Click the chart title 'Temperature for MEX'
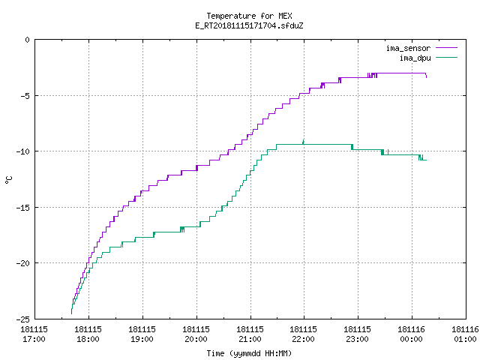[x=249, y=16]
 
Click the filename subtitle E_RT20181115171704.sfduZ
[x=249, y=25]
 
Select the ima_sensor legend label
[x=408, y=48]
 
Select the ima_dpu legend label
[x=415, y=58]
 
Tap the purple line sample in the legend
[x=446, y=48]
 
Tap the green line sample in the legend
[x=446, y=58]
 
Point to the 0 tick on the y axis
[x=27, y=40]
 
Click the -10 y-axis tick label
[x=23, y=151]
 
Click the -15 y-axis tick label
[x=23, y=208]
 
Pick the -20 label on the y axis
[x=23, y=263]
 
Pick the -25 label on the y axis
[x=23, y=319]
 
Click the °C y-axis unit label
[x=8, y=180]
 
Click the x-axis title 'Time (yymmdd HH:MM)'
[x=249, y=353]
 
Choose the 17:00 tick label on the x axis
[x=34, y=334]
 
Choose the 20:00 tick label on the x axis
[x=196, y=334]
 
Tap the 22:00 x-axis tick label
[x=303, y=334]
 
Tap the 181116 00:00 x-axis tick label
[x=411, y=334]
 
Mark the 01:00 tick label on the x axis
[x=465, y=334]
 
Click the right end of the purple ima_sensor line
[x=426, y=77]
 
